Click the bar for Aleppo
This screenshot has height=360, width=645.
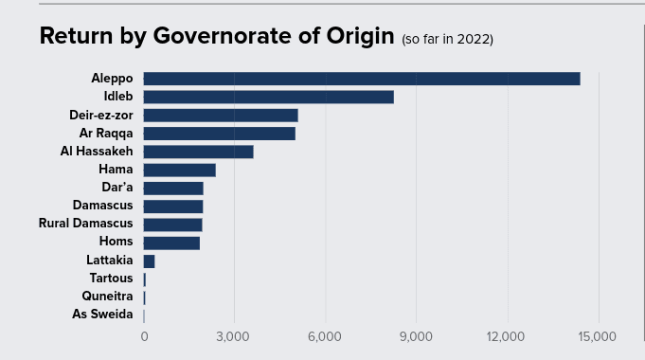click(x=361, y=79)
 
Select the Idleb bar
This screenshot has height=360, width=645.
click(x=268, y=97)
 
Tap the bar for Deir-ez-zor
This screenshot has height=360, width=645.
click(x=220, y=115)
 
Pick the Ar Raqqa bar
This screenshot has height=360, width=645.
click(x=219, y=133)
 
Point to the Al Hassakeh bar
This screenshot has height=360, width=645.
click(x=198, y=152)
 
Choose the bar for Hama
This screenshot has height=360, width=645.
click(x=179, y=170)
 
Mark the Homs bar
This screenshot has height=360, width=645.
click(x=171, y=243)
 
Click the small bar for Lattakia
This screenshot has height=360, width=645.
click(x=149, y=261)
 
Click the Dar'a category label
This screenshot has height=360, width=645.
click(x=116, y=188)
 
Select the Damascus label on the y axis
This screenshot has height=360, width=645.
click(x=102, y=206)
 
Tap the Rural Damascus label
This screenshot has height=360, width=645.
click(x=85, y=224)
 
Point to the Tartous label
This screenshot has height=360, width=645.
click(x=111, y=279)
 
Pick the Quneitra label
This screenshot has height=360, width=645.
click(x=107, y=297)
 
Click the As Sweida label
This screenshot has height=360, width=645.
click(x=102, y=315)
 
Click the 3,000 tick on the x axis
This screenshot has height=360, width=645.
click(x=233, y=336)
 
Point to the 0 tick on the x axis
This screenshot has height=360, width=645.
click(x=144, y=336)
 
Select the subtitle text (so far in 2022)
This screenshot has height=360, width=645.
click(x=447, y=40)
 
